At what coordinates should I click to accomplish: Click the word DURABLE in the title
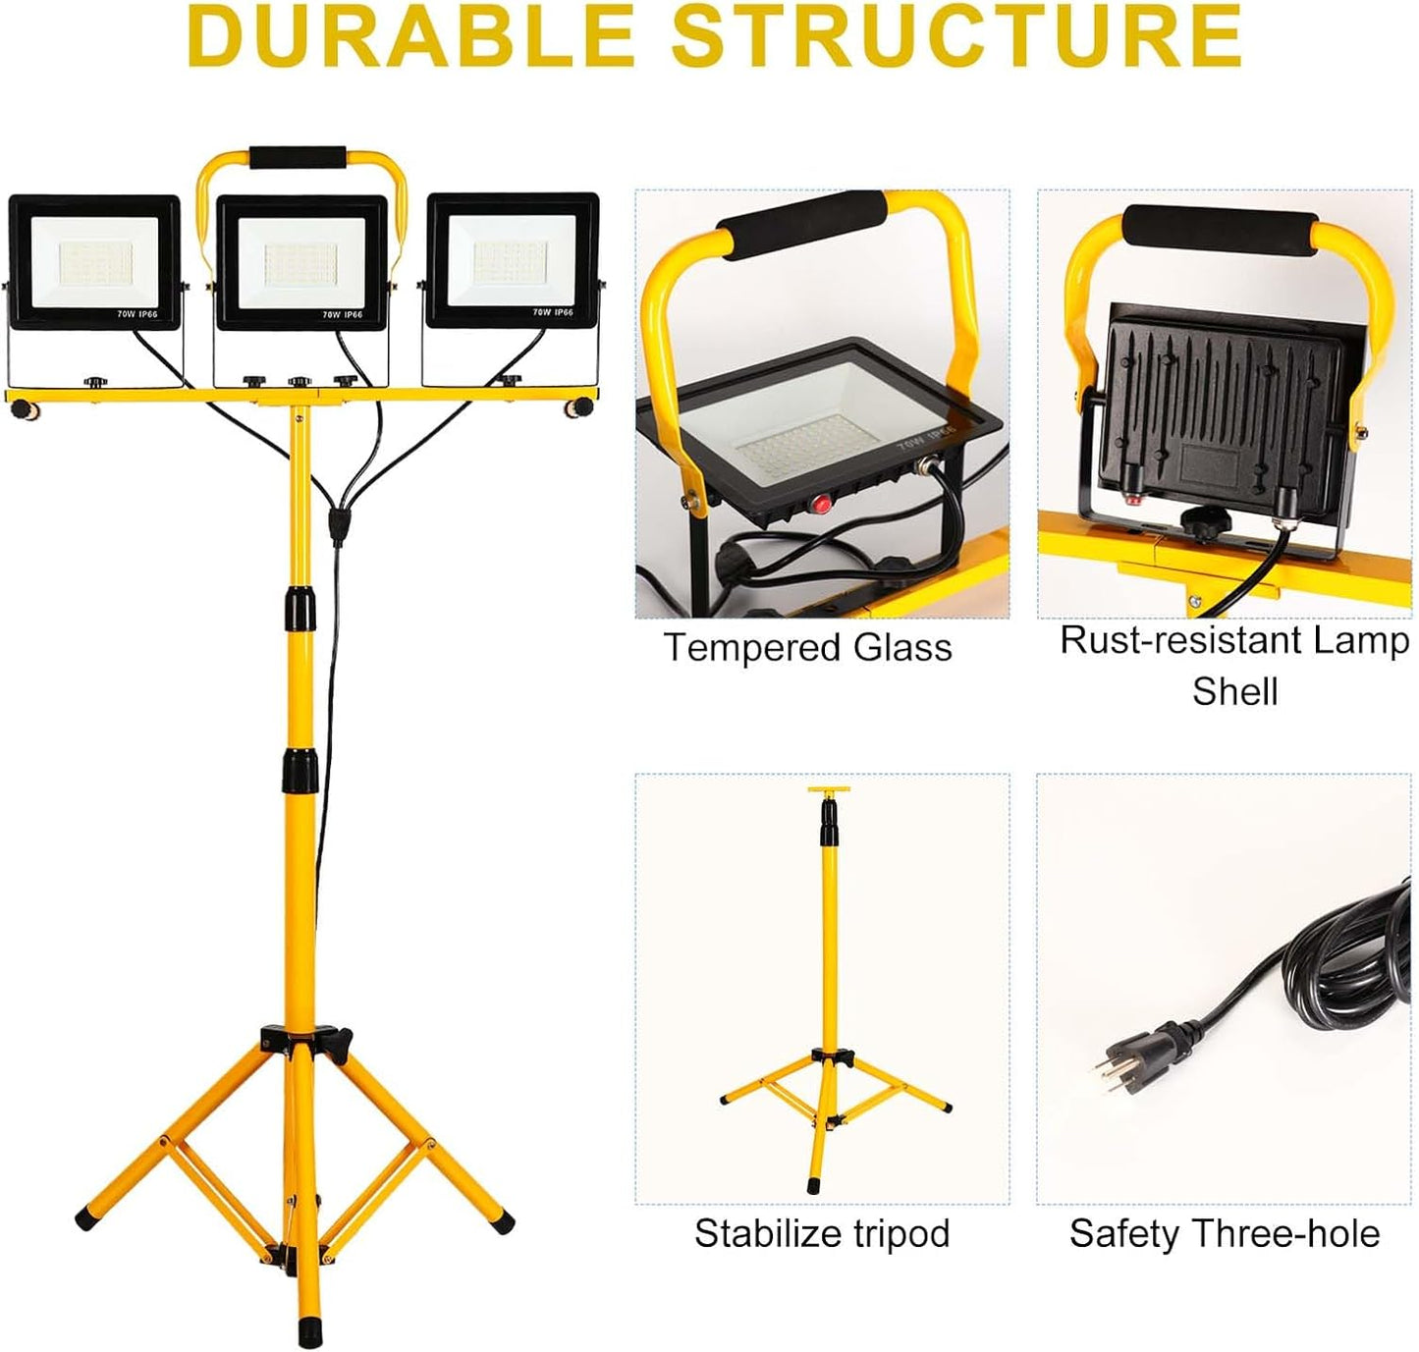coord(410,37)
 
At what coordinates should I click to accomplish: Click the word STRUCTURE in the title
coord(957,37)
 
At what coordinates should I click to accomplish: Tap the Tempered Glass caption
coord(807,647)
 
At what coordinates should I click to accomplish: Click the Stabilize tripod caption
coord(821,1233)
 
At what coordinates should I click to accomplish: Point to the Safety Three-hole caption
coord(1225,1233)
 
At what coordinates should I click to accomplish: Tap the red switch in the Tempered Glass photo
coord(821,503)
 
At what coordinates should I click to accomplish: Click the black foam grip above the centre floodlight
coord(298,157)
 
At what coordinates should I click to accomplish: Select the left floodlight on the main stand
coord(94,262)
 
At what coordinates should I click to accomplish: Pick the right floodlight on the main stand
coord(512,260)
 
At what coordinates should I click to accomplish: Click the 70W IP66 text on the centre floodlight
coord(342,315)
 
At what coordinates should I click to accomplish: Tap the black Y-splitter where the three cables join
coord(337,524)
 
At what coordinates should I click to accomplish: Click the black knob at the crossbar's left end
coord(24,409)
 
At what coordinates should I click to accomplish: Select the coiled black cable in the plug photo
coord(1336,960)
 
